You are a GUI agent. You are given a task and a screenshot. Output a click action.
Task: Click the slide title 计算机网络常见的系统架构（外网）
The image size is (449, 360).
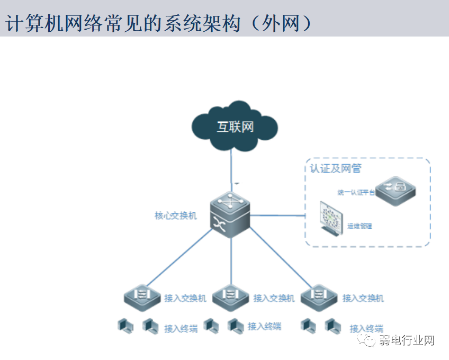tap(159, 23)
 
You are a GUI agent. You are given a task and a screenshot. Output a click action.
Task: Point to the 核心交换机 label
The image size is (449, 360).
tap(175, 216)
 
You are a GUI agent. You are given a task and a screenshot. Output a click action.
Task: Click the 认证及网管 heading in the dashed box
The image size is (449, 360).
tap(336, 168)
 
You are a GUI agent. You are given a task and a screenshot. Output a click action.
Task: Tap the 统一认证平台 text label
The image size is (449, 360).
tap(356, 192)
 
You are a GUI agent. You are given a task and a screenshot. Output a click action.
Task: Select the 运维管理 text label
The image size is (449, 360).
tap(360, 226)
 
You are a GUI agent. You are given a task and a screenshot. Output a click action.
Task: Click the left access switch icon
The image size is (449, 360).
tap(142, 296)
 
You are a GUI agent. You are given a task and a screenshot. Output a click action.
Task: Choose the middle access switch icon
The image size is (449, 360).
tap(230, 296)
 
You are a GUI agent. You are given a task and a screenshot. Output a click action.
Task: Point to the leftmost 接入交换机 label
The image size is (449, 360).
tap(185, 299)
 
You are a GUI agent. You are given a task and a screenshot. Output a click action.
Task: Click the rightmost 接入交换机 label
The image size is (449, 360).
tap(363, 299)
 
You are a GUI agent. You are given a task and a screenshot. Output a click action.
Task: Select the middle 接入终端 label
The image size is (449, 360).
tap(264, 326)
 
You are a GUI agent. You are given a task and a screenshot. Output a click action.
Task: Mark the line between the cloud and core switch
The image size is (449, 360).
tap(231, 167)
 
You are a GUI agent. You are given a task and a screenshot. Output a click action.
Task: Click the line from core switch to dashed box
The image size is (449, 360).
tap(278, 215)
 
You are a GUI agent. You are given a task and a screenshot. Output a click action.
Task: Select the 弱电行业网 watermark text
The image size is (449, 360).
tap(407, 341)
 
